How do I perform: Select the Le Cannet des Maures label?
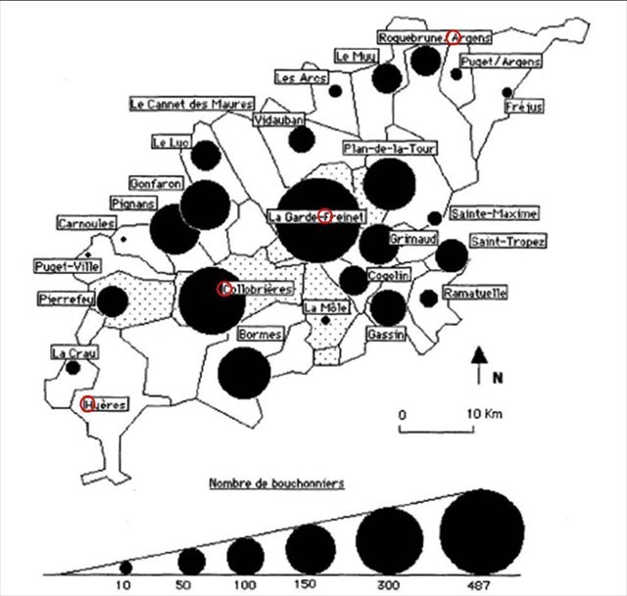(x=192, y=103)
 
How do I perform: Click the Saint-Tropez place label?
(x=507, y=241)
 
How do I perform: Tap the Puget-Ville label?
(x=60, y=265)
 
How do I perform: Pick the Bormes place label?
(x=261, y=335)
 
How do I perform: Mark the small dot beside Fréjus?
(x=507, y=92)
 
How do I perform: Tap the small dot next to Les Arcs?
(x=335, y=91)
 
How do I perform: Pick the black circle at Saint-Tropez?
(x=451, y=256)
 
